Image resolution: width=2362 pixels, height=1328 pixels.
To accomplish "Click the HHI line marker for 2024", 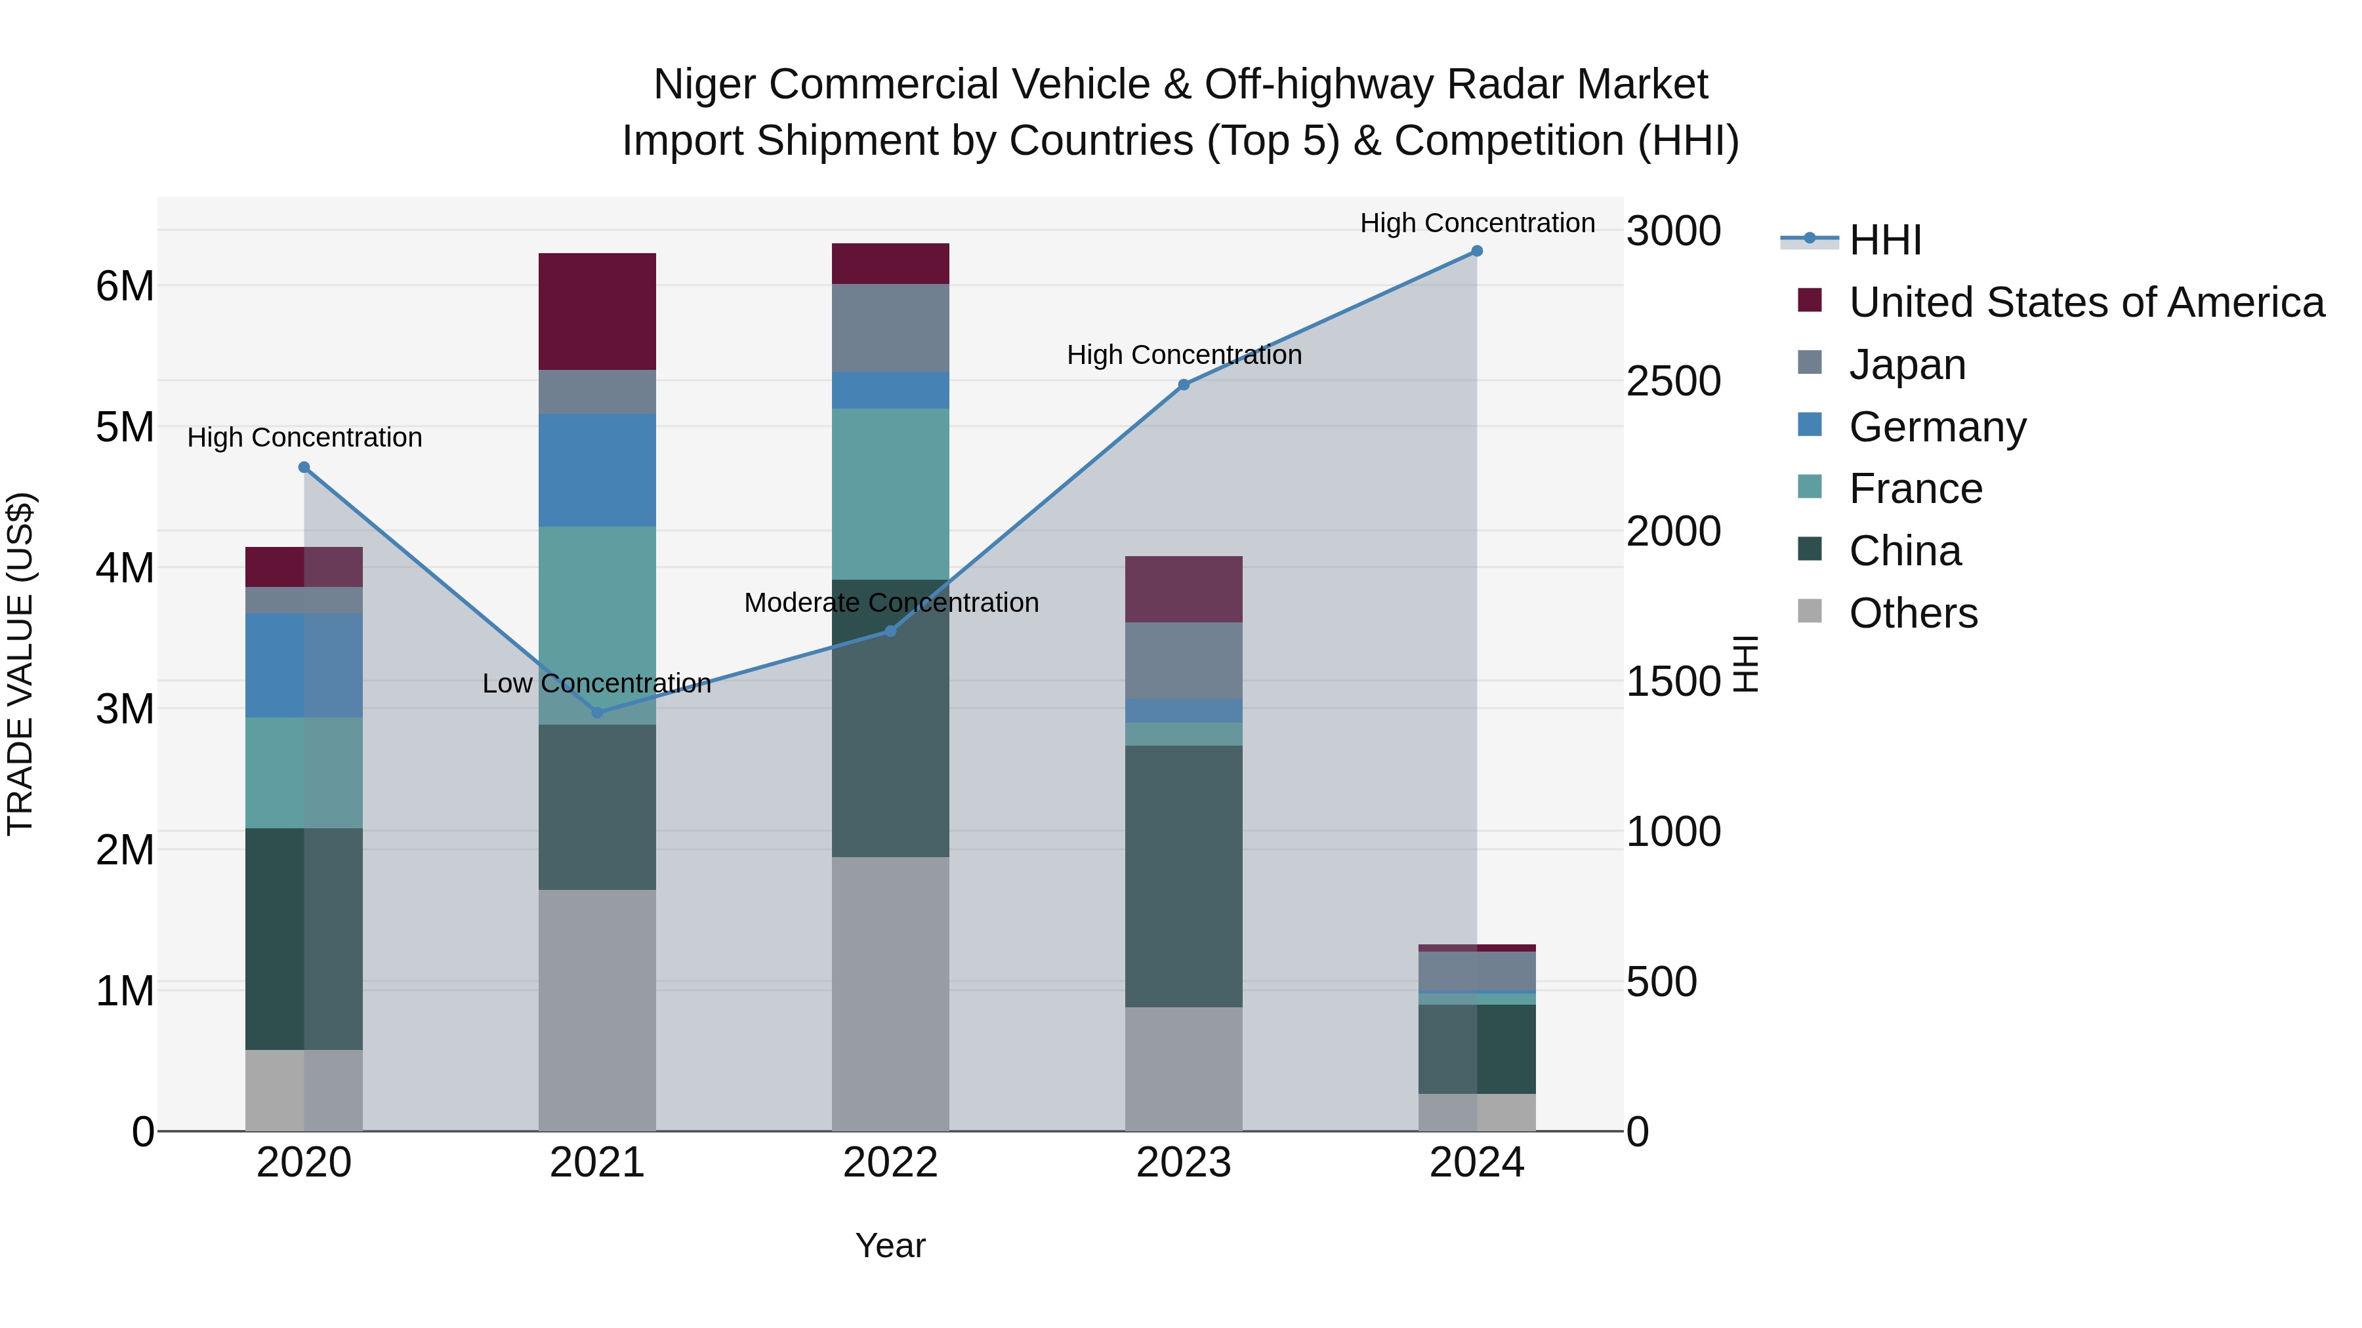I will click(x=1476, y=251).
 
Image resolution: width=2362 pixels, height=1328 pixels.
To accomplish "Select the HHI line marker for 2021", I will click(x=598, y=712).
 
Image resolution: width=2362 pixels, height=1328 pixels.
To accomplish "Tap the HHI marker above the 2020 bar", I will click(x=304, y=468).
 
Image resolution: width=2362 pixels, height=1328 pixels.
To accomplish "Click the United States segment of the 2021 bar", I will click(x=597, y=312).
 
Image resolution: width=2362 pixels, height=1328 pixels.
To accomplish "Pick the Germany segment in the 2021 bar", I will click(x=597, y=470).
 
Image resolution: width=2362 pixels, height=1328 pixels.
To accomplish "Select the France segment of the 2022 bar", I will click(x=890, y=494).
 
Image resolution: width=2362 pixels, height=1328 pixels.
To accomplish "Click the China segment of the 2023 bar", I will click(x=1184, y=876).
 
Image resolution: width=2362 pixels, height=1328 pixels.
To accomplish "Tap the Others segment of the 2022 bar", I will click(x=890, y=994).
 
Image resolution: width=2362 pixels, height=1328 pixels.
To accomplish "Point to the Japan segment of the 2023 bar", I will click(x=1184, y=661).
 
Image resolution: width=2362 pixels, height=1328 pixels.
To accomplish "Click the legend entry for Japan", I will click(x=1907, y=365).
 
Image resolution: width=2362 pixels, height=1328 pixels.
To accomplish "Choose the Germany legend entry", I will click(x=1937, y=427).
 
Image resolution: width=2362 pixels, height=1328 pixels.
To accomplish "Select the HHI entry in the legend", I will click(x=1884, y=240).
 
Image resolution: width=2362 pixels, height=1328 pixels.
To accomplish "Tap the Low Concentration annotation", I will click(x=597, y=684).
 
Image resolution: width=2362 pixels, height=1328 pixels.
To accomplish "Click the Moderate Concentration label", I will click(x=891, y=603).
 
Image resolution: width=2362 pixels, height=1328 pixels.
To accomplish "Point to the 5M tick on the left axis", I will click(x=125, y=427).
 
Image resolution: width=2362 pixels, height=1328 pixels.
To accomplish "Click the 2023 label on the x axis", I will click(x=1184, y=1163).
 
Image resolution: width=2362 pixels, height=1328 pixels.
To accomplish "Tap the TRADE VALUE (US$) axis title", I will click(x=20, y=664).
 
